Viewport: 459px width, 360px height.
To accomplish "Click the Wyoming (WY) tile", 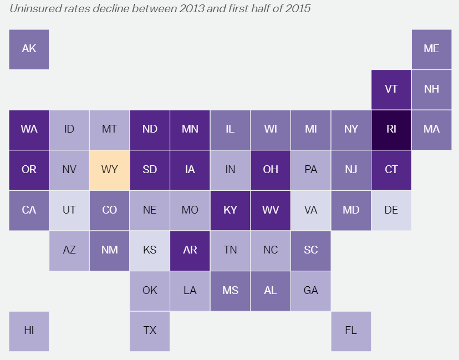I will pyautogui.click(x=110, y=170).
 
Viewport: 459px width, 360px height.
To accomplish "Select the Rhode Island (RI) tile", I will pyautogui.click(x=391, y=129).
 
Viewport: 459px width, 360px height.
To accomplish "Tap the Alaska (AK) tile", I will pyautogui.click(x=29, y=49).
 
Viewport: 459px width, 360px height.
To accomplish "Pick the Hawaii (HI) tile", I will pyautogui.click(x=29, y=331).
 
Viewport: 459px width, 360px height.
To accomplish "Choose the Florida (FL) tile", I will pyautogui.click(x=351, y=331).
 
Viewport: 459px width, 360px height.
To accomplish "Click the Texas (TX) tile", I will pyautogui.click(x=150, y=331).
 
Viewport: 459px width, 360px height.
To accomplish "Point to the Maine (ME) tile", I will pyautogui.click(x=431, y=49).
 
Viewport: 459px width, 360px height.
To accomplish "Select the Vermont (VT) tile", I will pyautogui.click(x=391, y=89).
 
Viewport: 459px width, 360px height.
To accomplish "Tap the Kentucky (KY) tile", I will pyautogui.click(x=230, y=210).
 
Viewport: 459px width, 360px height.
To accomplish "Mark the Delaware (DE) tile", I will pyautogui.click(x=391, y=210).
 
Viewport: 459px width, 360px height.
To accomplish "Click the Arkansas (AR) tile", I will pyautogui.click(x=190, y=250).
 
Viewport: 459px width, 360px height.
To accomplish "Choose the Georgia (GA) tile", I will pyautogui.click(x=311, y=290).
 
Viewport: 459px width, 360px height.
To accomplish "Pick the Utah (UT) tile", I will pyautogui.click(x=69, y=210).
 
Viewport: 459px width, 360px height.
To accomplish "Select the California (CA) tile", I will pyautogui.click(x=29, y=210).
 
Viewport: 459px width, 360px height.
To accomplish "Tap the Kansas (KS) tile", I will pyautogui.click(x=150, y=250).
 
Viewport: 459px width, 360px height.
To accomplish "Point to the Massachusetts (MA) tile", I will pyautogui.click(x=431, y=129).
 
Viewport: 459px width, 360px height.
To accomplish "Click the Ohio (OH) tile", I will pyautogui.click(x=271, y=170).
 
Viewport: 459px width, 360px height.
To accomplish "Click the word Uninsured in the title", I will pyautogui.click(x=33, y=9).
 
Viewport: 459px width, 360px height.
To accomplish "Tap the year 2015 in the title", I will pyautogui.click(x=298, y=9).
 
